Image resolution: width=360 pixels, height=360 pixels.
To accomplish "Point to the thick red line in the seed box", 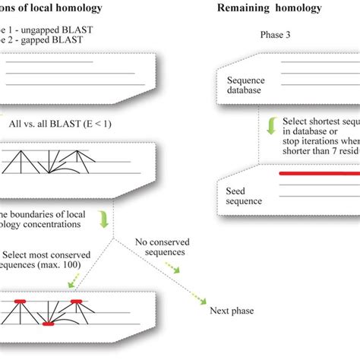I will point(316,174).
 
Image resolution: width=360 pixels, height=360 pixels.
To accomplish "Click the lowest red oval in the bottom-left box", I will point(48,324).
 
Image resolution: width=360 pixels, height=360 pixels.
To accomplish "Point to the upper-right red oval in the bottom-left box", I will point(77,302).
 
